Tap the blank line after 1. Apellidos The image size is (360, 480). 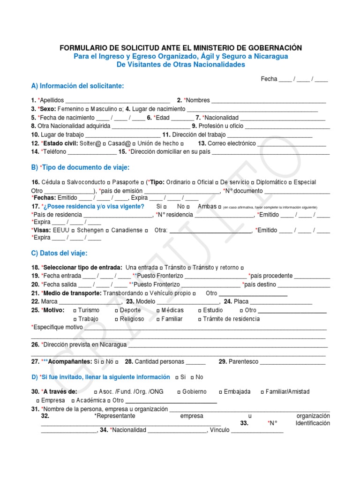click(x=118, y=101)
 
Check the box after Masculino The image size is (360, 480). click(x=121, y=109)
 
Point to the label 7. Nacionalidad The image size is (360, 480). click(x=217, y=118)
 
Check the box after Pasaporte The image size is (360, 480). click(x=142, y=182)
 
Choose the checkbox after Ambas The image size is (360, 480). click(x=220, y=207)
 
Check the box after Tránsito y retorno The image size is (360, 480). click(x=242, y=268)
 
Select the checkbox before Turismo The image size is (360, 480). click(x=75, y=311)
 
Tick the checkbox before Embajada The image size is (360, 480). click(x=220, y=392)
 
